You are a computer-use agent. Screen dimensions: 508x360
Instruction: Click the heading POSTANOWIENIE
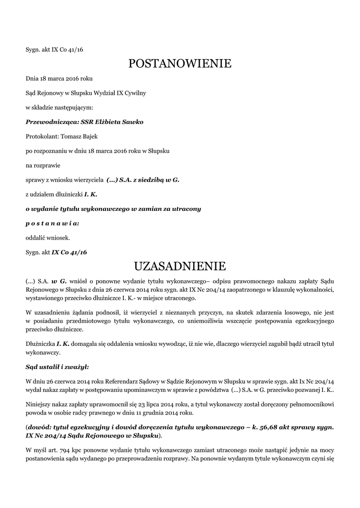pyautogui.click(x=180, y=63)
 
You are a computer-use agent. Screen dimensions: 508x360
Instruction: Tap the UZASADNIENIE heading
pyautogui.click(x=180, y=267)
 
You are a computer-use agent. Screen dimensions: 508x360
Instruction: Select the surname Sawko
pyautogui.click(x=133, y=122)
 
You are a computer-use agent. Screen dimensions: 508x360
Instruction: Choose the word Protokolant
pyautogui.click(x=42, y=136)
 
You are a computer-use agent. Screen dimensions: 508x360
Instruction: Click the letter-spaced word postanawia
pyautogui.click(x=52, y=223)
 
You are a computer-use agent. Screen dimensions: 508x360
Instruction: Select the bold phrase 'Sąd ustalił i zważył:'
pyautogui.click(x=57, y=367)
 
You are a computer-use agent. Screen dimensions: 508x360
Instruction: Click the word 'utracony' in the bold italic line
pyautogui.click(x=186, y=209)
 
